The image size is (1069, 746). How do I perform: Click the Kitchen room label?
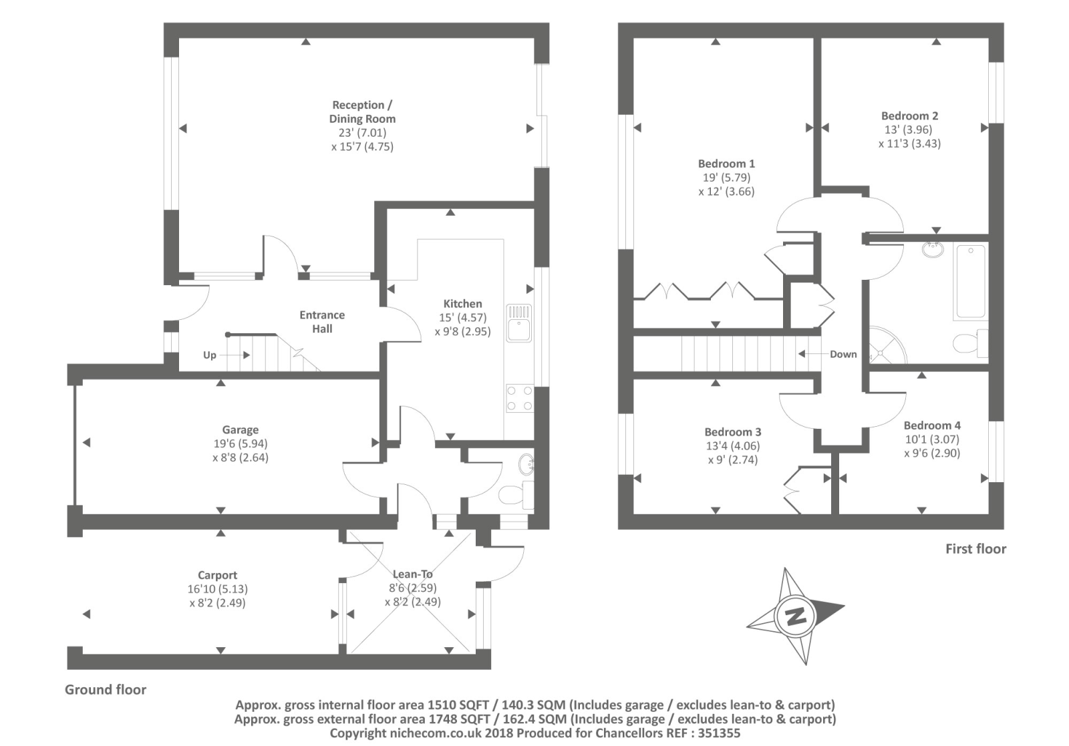(x=462, y=303)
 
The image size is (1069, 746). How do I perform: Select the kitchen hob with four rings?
(x=519, y=398)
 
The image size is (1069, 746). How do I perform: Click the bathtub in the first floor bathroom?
(x=970, y=281)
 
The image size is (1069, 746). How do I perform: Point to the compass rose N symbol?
(x=795, y=616)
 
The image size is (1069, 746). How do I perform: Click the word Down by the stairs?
(x=843, y=354)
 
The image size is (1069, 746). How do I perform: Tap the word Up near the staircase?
(x=210, y=355)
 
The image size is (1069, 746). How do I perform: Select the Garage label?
(x=241, y=430)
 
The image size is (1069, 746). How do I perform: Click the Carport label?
(x=217, y=575)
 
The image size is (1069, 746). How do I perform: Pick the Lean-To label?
(x=413, y=574)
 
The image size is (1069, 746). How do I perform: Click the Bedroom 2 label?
(x=909, y=116)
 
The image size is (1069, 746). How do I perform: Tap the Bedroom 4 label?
(x=932, y=425)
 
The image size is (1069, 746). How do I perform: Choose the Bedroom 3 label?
(x=733, y=432)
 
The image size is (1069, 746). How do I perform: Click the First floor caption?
(x=975, y=549)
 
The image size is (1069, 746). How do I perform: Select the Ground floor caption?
(x=106, y=690)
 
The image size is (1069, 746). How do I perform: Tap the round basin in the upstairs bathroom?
(x=932, y=250)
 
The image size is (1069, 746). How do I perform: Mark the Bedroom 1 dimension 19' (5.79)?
(x=726, y=178)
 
